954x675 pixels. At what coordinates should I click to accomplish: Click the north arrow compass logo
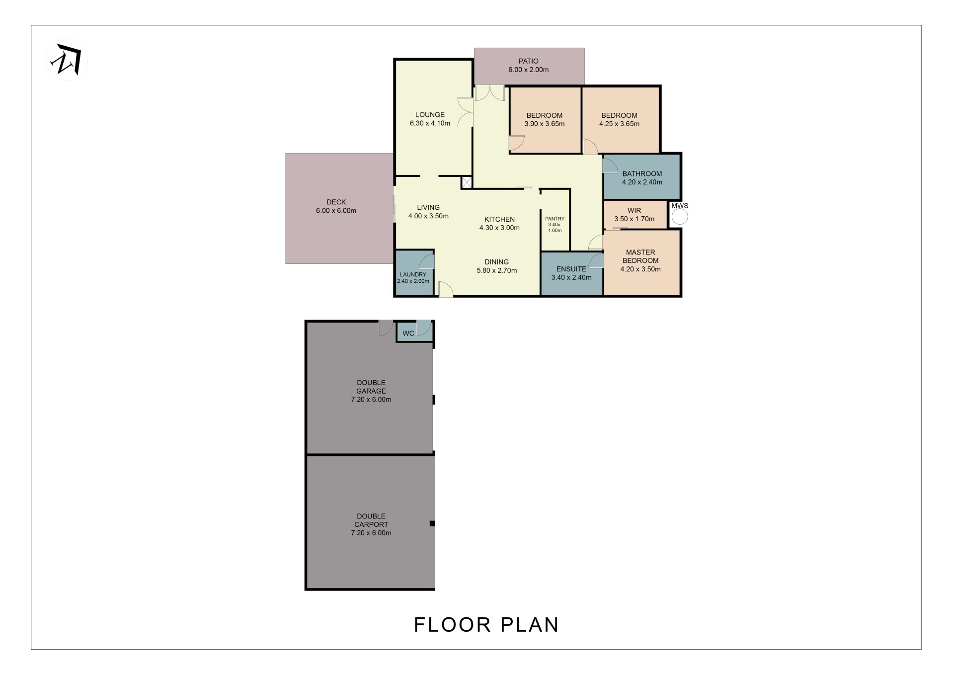tap(67, 60)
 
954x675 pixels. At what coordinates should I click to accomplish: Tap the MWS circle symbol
tap(680, 217)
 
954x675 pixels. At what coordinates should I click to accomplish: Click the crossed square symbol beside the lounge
tap(467, 182)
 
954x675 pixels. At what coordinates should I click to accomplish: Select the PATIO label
tap(528, 61)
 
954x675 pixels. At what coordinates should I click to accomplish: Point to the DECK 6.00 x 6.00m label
tap(336, 206)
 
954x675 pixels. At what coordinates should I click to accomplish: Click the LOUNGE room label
tap(430, 115)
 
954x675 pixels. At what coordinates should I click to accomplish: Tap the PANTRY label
tap(555, 219)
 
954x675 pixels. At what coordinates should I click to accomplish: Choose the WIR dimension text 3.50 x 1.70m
tap(635, 219)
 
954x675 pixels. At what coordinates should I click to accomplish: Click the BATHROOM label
tap(642, 173)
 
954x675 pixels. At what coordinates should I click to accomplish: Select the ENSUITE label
tap(571, 269)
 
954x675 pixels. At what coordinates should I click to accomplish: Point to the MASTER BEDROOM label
tap(640, 256)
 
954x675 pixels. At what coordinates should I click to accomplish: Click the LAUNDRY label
tap(413, 274)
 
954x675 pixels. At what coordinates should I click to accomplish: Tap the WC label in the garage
tap(408, 333)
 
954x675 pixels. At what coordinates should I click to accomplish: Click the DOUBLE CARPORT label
tap(371, 520)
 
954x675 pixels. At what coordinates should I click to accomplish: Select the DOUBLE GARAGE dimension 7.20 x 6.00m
tap(371, 400)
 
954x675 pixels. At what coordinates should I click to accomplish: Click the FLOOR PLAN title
tap(486, 625)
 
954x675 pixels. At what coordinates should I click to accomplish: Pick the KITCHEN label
tap(499, 219)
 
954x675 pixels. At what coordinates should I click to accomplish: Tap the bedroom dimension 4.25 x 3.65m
tap(619, 124)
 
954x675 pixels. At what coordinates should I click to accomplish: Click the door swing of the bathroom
tap(610, 166)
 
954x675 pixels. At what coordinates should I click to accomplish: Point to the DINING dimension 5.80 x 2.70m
tap(497, 271)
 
